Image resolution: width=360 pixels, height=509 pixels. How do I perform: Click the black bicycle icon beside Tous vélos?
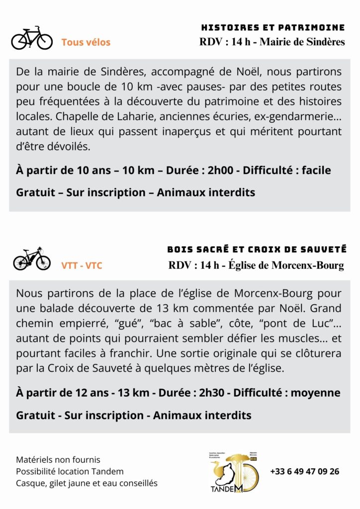[32, 38]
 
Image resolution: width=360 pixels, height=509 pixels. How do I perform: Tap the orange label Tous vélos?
[86, 43]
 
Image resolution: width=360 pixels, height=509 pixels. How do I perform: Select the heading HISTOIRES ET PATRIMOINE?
[273, 27]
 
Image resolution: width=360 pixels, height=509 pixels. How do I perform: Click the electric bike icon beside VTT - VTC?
[32, 258]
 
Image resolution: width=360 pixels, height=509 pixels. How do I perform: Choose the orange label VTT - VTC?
[82, 265]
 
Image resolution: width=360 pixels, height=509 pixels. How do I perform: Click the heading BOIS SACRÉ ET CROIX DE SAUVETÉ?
[257, 249]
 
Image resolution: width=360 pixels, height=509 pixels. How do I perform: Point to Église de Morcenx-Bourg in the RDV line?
[285, 265]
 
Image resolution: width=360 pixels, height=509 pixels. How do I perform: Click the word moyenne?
[317, 393]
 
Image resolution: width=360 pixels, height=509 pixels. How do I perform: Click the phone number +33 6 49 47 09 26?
[305, 471]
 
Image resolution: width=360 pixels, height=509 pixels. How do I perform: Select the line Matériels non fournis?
[58, 460]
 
